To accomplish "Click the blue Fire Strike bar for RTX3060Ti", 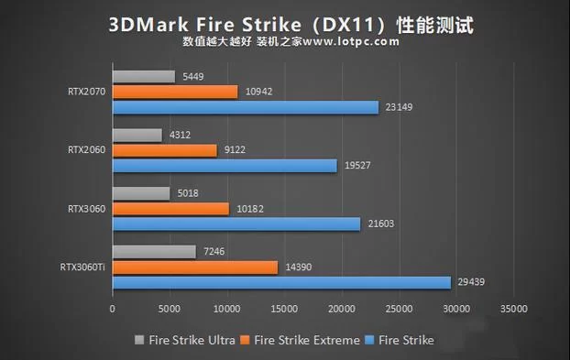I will tap(281, 282).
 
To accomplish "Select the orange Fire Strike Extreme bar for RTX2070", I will tap(175, 92).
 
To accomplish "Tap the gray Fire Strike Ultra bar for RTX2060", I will tap(137, 135).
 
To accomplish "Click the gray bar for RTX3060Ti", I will tap(154, 251).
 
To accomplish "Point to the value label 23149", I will tap(399, 107).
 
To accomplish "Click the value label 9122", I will tap(235, 150).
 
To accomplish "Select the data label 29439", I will tap(470, 282).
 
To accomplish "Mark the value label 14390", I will tap(298, 267).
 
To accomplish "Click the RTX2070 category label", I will tap(86, 92).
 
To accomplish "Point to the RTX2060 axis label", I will tap(86, 150).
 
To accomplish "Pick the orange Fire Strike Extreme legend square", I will tap(247, 340).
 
